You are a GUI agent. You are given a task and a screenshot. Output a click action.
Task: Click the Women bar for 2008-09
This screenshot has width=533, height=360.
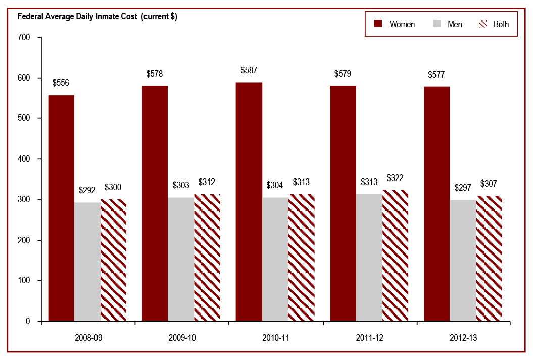[61, 208]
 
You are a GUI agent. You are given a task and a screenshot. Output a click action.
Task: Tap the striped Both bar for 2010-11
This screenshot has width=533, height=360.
[301, 257]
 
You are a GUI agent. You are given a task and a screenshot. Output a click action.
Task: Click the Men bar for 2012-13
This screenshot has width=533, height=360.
[463, 260]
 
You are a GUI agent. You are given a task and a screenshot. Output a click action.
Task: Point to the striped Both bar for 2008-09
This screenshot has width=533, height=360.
[113, 260]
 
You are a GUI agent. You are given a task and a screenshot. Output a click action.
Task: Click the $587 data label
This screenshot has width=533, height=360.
[249, 70]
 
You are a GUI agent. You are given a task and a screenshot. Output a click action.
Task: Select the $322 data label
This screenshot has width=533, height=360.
[395, 178]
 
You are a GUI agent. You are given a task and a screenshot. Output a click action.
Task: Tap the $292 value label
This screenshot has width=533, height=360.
[87, 190]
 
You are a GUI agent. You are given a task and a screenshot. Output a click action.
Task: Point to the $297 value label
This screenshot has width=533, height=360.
[463, 188]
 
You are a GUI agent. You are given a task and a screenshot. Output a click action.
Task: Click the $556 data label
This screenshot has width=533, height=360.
[61, 83]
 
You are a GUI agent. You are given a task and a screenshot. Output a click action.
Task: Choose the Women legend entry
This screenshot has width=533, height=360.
[395, 24]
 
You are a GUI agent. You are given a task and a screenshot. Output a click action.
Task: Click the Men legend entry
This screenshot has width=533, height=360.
[448, 24]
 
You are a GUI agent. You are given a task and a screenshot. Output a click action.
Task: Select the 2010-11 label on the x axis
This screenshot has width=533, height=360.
[275, 336]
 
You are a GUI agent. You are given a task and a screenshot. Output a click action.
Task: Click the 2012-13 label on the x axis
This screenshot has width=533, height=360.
[463, 336]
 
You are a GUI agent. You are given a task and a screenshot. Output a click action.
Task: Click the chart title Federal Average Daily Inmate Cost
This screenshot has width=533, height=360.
[97, 16]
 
